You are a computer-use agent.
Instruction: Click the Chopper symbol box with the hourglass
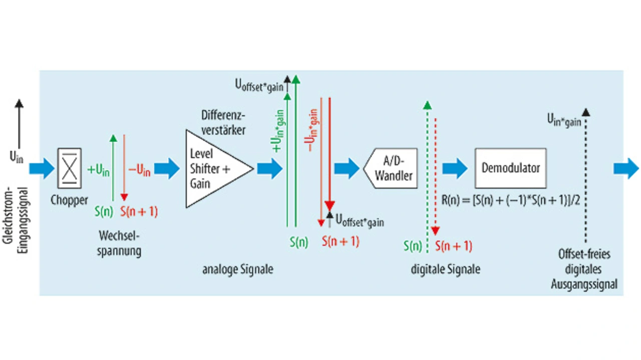(70, 168)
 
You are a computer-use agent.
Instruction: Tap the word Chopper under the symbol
(70, 200)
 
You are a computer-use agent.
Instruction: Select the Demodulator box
(510, 168)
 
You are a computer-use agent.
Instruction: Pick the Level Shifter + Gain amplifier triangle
(213, 169)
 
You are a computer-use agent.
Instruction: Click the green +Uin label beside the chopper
(99, 170)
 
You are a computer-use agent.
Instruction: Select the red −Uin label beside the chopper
(139, 170)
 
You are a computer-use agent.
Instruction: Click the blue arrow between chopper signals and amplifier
(167, 169)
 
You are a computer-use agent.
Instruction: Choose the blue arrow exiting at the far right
(626, 169)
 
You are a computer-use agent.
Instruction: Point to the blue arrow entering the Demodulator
(455, 169)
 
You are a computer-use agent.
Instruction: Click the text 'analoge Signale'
(238, 269)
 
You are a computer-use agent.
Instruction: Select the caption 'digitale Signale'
(445, 269)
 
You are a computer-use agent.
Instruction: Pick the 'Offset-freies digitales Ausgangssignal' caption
(584, 269)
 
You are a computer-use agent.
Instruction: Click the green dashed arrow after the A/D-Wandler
(427, 175)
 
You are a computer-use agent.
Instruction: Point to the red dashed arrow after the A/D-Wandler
(436, 175)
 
